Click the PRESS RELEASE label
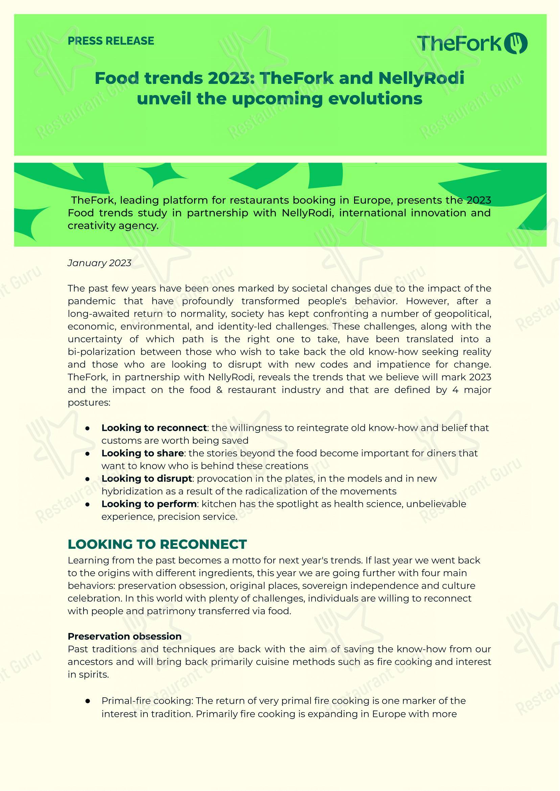pos(111,41)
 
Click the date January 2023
pos(99,263)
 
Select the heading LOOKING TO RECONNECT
pos(157,544)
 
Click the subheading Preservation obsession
pos(124,636)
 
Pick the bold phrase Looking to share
pos(142,453)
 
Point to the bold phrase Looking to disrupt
pos(146,479)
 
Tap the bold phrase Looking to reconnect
pos(154,428)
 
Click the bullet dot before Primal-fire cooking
pos(88,701)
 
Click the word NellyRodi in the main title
pos(421,78)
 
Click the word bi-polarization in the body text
pos(101,352)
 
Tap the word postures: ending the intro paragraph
pos(89,403)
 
